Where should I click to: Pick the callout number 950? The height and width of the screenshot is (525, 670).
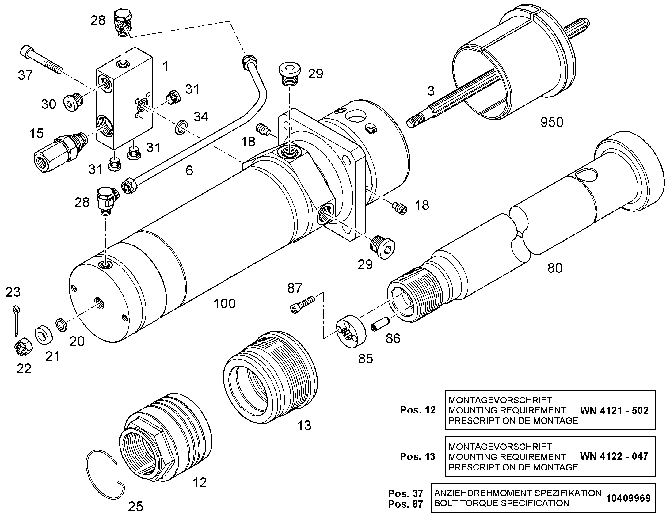pos(552,122)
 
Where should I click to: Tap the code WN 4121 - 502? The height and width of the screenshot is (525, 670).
pos(614,410)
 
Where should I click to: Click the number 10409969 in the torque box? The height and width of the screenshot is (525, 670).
pos(628,498)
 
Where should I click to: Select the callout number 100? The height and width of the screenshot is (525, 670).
pos(224,304)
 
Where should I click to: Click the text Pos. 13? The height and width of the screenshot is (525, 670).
pos(417,457)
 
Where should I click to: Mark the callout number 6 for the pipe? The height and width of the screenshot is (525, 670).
pos(189,171)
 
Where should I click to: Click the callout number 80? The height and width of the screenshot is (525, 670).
pos(555,268)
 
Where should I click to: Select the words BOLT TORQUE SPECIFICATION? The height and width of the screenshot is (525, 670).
pos(501,503)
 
